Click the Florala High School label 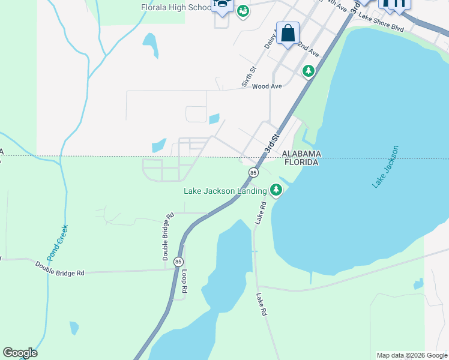tap(176, 8)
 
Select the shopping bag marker tap(288, 33)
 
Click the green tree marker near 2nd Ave tap(309, 71)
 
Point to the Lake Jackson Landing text tap(225, 191)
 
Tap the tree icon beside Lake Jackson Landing tap(276, 191)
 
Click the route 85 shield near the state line tap(253, 173)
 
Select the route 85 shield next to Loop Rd tap(178, 262)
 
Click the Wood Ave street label tap(267, 86)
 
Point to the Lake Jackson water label tap(385, 166)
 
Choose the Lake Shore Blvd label tap(381, 27)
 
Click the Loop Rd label tap(185, 281)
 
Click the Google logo tap(20, 353)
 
